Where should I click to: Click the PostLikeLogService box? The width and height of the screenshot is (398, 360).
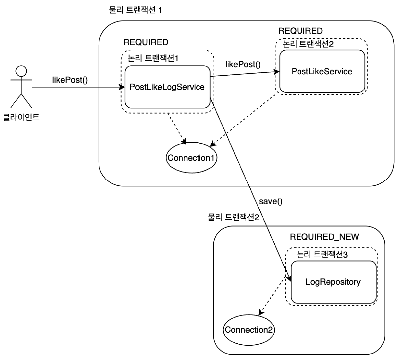(168, 87)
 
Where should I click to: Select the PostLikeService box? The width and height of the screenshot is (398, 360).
(322, 71)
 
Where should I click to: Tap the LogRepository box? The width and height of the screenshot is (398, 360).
(333, 282)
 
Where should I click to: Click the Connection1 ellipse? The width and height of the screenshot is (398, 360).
(192, 158)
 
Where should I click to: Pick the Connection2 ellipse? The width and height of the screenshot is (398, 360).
(249, 330)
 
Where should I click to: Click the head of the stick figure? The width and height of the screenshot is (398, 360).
(21, 71)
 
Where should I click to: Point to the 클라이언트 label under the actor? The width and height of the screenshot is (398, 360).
(21, 117)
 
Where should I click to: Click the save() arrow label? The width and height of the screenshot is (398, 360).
(271, 201)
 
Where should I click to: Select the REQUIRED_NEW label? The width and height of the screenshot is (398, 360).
(324, 237)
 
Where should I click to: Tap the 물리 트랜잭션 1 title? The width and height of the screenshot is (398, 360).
(135, 10)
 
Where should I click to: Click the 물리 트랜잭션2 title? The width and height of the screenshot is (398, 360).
(233, 217)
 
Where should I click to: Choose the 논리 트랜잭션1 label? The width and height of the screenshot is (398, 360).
(153, 58)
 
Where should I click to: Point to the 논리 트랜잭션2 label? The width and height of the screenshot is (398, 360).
(308, 44)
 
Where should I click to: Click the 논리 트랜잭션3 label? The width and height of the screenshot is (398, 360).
(322, 254)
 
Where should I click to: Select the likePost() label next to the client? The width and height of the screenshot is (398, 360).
(70, 80)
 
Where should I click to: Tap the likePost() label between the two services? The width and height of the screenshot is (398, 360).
(243, 65)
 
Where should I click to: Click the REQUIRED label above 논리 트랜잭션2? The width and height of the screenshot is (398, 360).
(300, 31)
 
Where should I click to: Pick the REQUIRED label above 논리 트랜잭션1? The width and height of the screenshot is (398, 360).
(146, 42)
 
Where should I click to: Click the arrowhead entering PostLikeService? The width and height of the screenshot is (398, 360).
(277, 72)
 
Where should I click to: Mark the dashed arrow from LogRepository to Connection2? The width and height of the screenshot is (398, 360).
(272, 295)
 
